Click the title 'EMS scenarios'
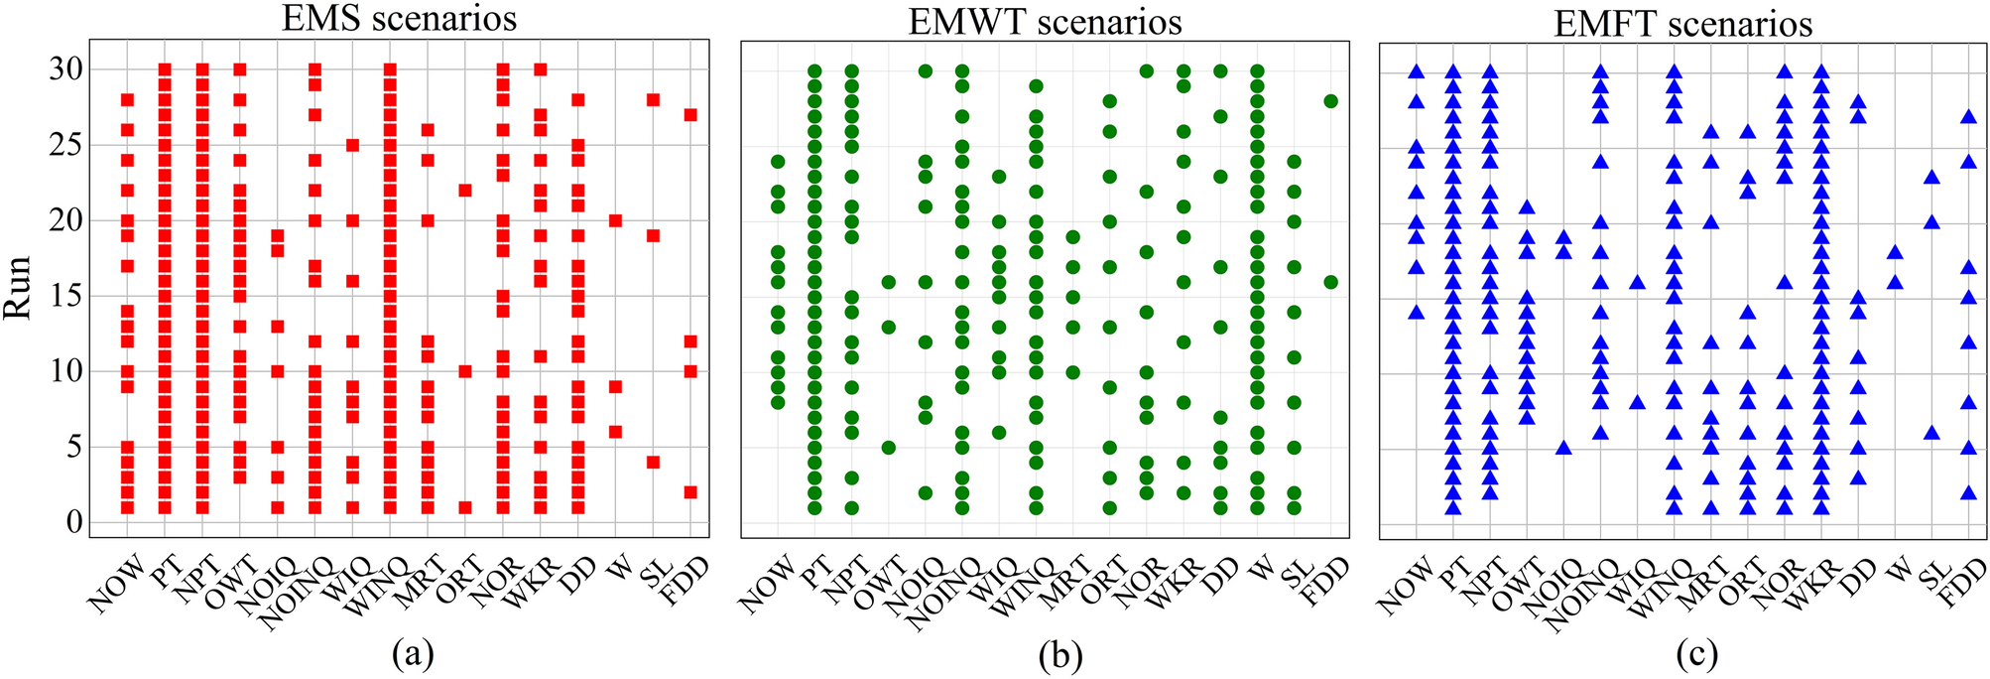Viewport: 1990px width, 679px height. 399,19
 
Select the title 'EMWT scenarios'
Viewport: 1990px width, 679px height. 1045,21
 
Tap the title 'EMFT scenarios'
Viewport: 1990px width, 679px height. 1682,23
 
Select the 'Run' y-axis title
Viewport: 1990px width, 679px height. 19,288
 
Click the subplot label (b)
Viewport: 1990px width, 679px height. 1060,654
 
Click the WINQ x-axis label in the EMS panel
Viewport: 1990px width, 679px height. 372,586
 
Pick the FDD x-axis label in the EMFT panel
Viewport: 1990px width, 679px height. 1962,582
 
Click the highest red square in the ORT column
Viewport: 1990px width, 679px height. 465,191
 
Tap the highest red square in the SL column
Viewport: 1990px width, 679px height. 653,99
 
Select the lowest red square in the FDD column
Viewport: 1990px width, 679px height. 690,492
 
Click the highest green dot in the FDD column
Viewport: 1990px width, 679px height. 1330,101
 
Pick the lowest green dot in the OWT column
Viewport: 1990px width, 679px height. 889,448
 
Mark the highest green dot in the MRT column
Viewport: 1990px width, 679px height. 1072,237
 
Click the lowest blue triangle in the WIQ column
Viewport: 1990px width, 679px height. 1637,402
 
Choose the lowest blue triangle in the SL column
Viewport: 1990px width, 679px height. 1931,433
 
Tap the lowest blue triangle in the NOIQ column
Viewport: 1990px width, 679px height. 1563,448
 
